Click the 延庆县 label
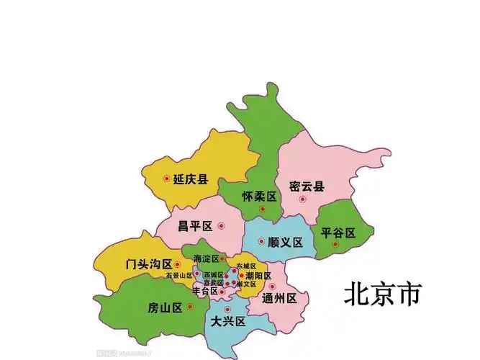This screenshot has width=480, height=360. pyautogui.click(x=191, y=179)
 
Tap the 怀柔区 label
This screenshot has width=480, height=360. pyautogui.click(x=259, y=197)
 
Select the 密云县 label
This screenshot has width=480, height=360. pyautogui.click(x=307, y=186)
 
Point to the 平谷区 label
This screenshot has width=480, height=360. pyautogui.click(x=338, y=233)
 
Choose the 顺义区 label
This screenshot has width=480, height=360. pyautogui.click(x=285, y=242)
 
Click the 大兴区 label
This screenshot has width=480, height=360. pyautogui.click(x=228, y=322)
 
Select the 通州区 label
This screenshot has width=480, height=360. pyautogui.click(x=280, y=298)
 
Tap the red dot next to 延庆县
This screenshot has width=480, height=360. pyautogui.click(x=167, y=179)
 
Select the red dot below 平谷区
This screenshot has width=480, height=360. pyautogui.click(x=335, y=245)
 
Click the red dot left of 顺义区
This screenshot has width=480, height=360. pyautogui.click(x=261, y=241)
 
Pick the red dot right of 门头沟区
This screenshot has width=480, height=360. pyautogui.click(x=177, y=264)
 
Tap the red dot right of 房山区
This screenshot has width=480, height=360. pyautogui.click(x=190, y=307)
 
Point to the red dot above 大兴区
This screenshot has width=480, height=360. pyautogui.click(x=227, y=309)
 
